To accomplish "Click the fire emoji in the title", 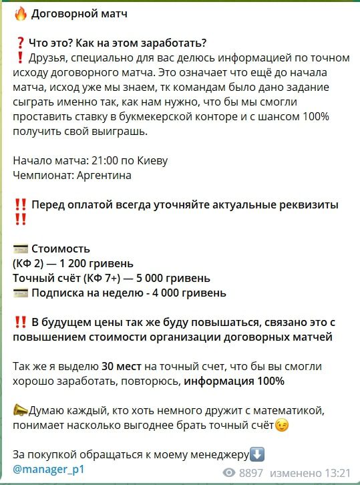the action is click(x=20, y=13).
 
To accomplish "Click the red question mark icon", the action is click(x=20, y=44).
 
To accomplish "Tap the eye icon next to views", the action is click(x=230, y=473).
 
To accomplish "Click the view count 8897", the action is click(x=252, y=473).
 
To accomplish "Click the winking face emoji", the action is click(x=282, y=424).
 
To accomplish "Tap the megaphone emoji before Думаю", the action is click(x=20, y=410).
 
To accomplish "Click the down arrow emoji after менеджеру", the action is click(x=257, y=454).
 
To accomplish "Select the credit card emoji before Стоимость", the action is click(x=20, y=249).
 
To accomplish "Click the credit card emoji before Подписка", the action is click(x=20, y=293).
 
